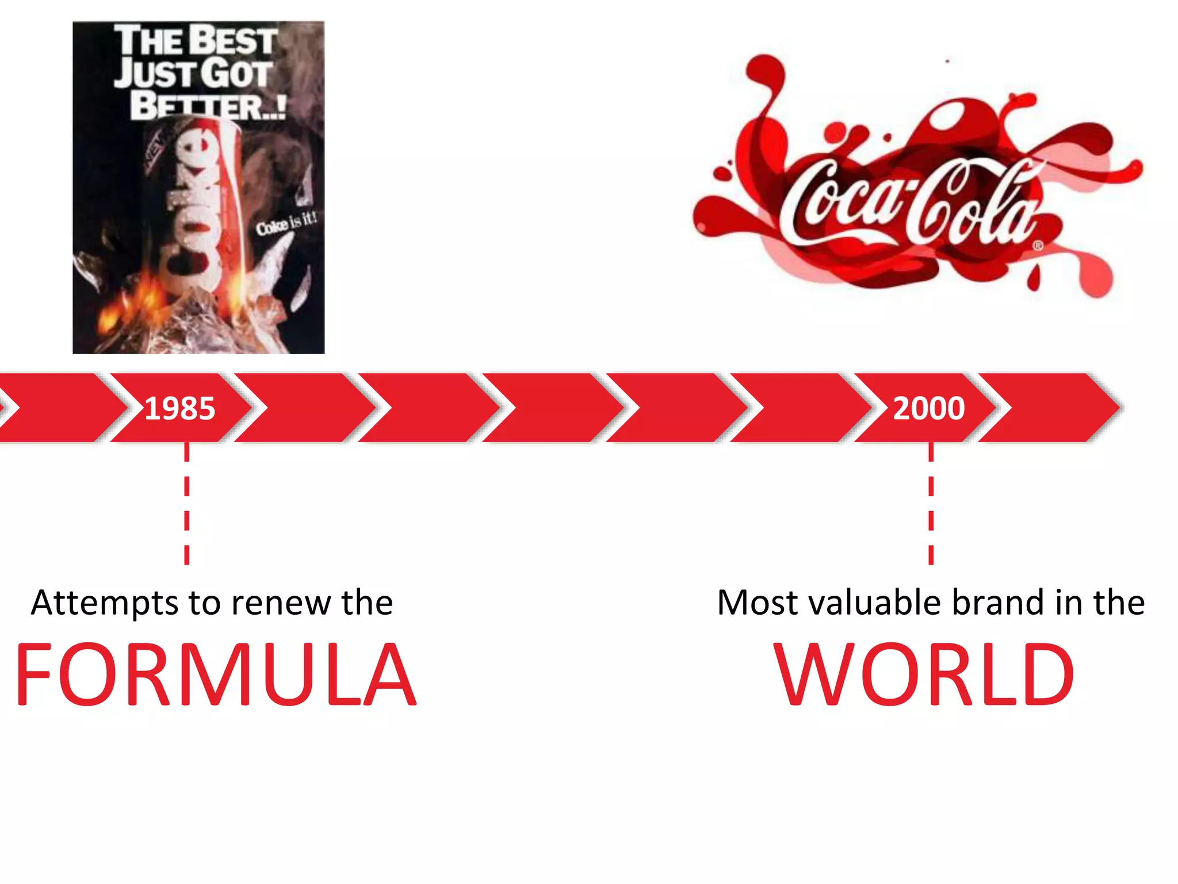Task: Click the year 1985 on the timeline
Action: click(179, 409)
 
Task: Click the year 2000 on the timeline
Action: click(928, 409)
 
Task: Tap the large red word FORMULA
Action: click(215, 675)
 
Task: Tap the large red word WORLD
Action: click(924, 675)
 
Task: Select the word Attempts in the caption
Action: click(105, 603)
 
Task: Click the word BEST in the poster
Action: click(233, 40)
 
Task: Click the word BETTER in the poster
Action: click(196, 106)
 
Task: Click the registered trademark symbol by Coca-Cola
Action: click(1038, 246)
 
